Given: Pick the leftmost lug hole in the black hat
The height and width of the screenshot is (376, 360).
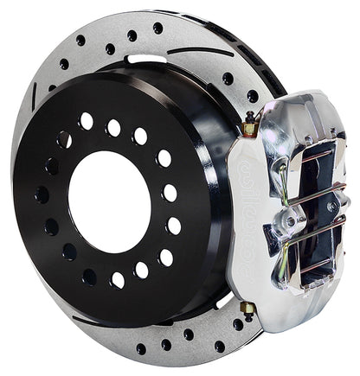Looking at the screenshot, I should tap(42, 194).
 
